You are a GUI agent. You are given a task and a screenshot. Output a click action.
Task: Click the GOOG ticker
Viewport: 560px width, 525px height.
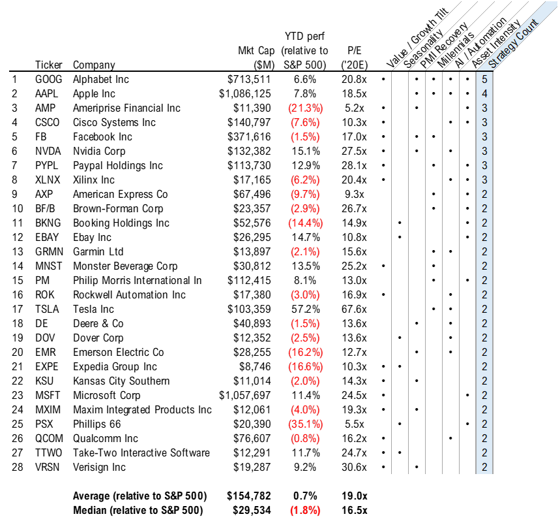49,80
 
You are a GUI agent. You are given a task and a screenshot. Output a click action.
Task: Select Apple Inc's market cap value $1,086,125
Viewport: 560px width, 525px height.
245,93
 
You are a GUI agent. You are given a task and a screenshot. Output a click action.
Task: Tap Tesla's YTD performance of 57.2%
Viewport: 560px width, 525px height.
305,310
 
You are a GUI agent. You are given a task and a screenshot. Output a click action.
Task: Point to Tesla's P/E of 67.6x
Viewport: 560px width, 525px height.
354,310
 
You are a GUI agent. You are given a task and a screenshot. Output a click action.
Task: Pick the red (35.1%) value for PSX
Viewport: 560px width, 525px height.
305,424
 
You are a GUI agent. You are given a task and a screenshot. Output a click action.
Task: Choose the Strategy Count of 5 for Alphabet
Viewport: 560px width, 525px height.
484,80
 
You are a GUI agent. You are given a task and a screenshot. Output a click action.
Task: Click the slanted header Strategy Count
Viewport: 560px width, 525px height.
513,44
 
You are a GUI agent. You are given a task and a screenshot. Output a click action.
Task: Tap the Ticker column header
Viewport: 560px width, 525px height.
49,65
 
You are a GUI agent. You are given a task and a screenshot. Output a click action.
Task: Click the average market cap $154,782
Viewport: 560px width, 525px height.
248,496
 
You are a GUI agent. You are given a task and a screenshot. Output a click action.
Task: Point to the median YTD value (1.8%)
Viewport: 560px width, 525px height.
305,511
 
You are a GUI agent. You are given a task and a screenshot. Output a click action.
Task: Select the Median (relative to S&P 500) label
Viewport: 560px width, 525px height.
138,511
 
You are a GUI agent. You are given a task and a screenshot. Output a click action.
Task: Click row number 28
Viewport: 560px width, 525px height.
18,467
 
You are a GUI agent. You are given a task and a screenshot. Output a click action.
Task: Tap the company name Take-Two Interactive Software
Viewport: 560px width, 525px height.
141,453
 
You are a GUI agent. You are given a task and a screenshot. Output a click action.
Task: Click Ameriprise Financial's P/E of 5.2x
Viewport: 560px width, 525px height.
354,108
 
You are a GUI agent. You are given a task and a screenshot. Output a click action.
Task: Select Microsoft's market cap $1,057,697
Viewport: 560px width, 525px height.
245,396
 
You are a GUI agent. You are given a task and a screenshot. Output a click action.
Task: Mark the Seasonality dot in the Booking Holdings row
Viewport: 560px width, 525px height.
400,223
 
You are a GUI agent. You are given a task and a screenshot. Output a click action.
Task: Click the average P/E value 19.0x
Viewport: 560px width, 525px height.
354,496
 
